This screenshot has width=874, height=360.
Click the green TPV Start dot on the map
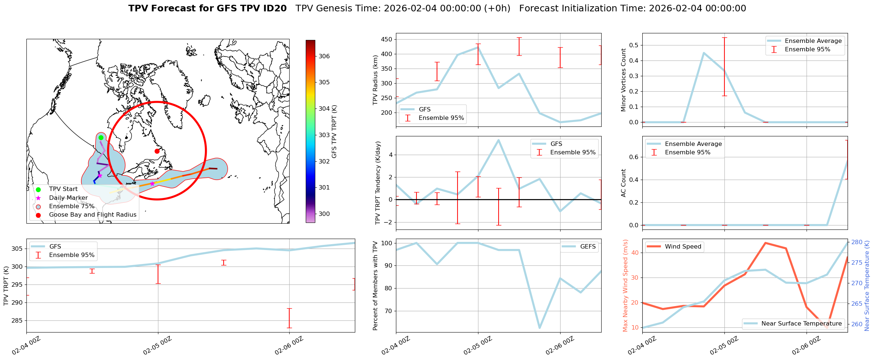(101, 137)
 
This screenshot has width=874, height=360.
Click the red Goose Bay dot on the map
(157, 151)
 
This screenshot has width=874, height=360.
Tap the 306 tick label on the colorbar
(324, 56)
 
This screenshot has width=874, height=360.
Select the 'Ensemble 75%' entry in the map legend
(71, 206)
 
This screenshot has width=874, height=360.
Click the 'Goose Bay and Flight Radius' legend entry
(92, 215)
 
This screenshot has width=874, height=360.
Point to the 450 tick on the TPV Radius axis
(387, 39)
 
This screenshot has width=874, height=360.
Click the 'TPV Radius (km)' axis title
(375, 80)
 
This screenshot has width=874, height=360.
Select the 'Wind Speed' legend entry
(683, 247)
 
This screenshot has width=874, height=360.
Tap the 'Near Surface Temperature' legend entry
(801, 323)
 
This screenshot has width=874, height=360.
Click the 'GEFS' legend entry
(588, 247)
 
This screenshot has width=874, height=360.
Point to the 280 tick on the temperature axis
(857, 242)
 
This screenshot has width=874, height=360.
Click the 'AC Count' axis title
(623, 183)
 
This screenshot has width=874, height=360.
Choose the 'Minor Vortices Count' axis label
(623, 80)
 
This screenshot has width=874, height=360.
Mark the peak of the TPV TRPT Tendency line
(498, 140)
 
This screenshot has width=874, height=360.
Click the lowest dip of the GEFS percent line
(539, 328)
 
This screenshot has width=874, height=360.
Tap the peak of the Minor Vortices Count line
(704, 53)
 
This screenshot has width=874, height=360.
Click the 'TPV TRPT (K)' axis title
(6, 286)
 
